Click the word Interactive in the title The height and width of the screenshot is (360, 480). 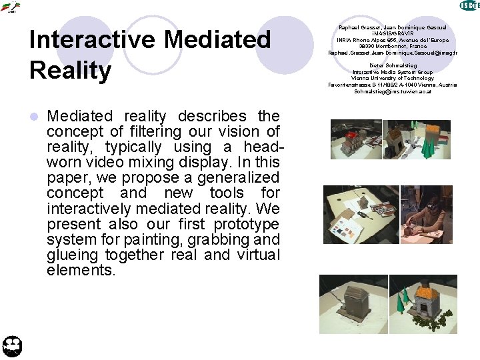(x=91, y=41)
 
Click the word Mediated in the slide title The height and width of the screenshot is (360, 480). (x=218, y=41)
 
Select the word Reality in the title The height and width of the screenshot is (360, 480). (x=71, y=70)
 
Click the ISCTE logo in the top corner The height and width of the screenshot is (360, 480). (x=469, y=6)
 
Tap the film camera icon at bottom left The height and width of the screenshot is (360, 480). (x=13, y=345)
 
